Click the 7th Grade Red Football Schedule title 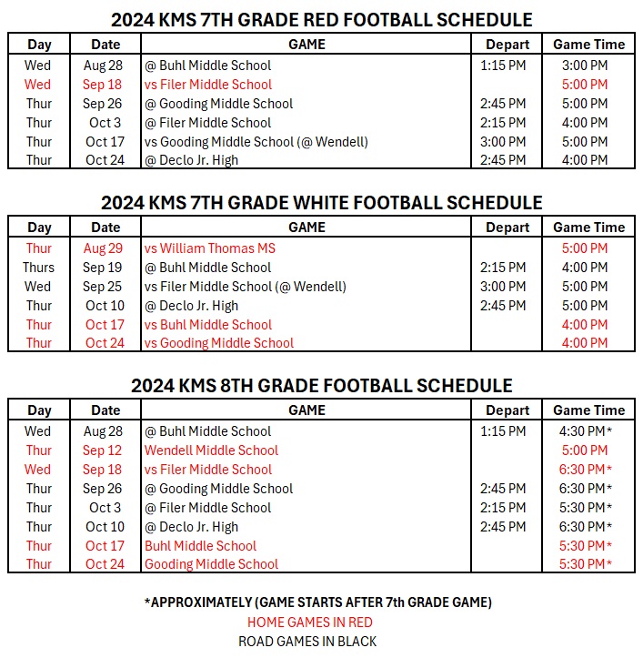(321, 19)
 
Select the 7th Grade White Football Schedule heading (321, 203)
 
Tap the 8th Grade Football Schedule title (321, 386)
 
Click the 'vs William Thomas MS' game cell (209, 248)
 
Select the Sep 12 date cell (102, 450)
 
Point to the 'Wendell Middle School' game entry (211, 450)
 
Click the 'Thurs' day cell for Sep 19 (39, 268)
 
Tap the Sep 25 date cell (102, 287)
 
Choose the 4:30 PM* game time (588, 431)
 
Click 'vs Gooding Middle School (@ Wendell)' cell (256, 142)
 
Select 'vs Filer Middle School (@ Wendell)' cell (245, 287)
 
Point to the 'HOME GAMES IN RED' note (310, 623)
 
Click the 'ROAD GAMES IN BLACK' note (307, 641)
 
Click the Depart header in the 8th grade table (507, 410)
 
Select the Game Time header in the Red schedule (588, 45)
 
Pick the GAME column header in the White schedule (306, 228)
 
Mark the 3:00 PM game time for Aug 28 (585, 66)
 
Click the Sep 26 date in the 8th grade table (102, 489)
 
